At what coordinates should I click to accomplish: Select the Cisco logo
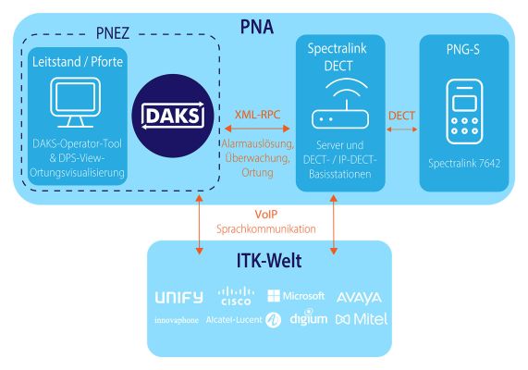coord(236,296)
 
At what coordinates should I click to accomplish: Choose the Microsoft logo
coord(296,296)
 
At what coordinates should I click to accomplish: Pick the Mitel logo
coord(362,319)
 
